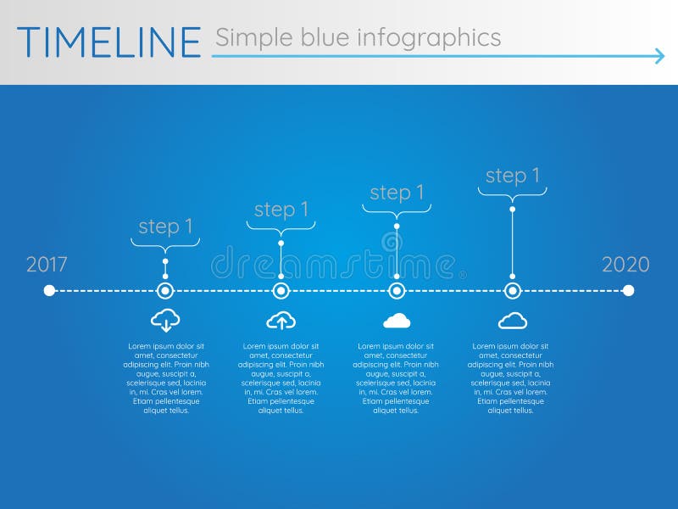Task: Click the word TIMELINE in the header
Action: [108, 42]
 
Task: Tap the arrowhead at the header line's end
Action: [659, 57]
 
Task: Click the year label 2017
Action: [47, 264]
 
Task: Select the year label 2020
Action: [625, 264]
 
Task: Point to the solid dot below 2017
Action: [49, 291]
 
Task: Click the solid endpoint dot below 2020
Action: [628, 291]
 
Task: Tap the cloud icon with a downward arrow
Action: [165, 320]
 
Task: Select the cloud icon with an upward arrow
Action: [281, 320]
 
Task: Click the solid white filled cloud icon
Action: [397, 320]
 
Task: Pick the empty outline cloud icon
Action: [512, 320]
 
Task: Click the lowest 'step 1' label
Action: [165, 227]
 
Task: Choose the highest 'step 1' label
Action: [512, 176]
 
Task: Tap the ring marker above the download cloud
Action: [165, 291]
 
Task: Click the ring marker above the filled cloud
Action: [397, 291]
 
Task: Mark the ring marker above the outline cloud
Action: [512, 291]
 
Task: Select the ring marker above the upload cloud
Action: [281, 291]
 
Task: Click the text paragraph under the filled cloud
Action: [396, 378]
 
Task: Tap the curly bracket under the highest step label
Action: [512, 193]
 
